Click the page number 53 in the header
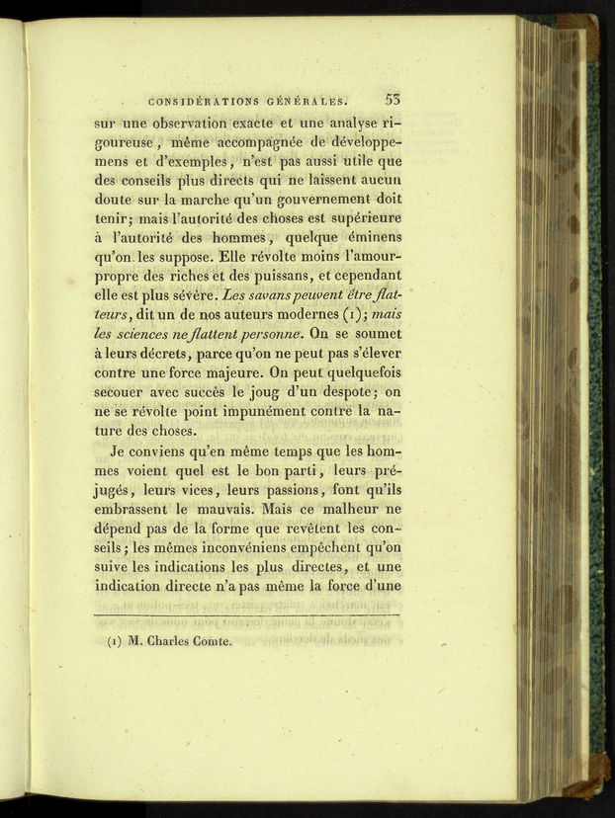point(391,98)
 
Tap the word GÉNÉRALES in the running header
point(307,100)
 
